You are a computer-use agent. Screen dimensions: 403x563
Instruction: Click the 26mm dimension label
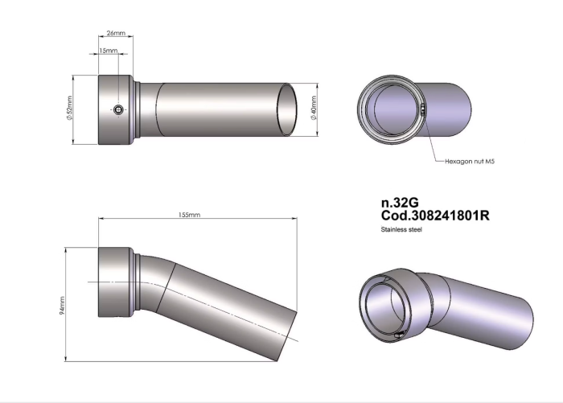click(x=116, y=34)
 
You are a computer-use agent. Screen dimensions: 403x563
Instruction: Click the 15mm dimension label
click(x=107, y=51)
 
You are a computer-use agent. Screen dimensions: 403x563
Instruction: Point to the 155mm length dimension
click(x=190, y=216)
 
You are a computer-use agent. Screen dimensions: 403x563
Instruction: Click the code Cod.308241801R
click(x=434, y=216)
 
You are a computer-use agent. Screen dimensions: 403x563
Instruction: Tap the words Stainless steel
click(x=401, y=229)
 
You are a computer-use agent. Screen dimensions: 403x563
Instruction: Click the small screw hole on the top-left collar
click(x=119, y=110)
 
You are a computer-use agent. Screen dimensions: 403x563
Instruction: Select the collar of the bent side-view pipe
click(x=115, y=282)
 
